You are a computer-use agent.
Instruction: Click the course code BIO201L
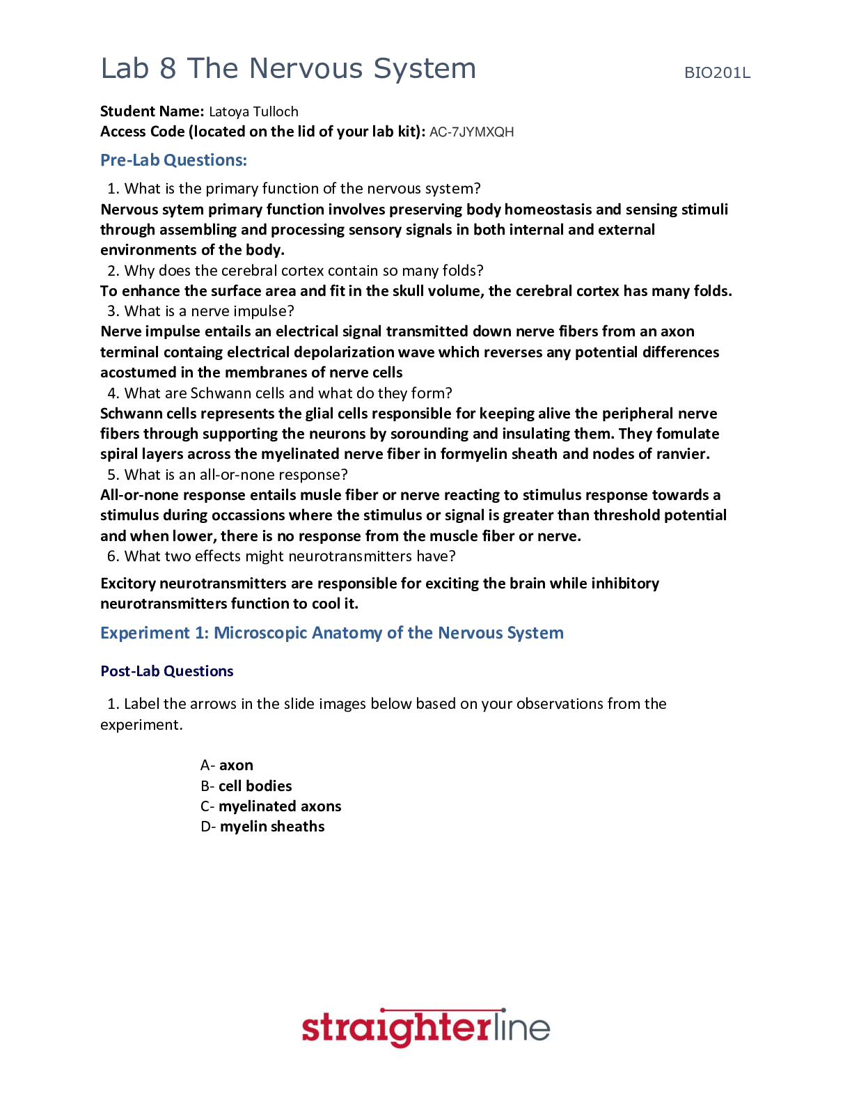click(x=717, y=73)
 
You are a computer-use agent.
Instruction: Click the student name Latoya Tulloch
click(x=253, y=111)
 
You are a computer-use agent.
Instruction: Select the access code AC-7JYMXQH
click(x=471, y=132)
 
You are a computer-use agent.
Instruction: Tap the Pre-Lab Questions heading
click(x=173, y=160)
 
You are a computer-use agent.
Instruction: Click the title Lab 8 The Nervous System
click(x=288, y=69)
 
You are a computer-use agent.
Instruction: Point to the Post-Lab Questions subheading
click(x=166, y=671)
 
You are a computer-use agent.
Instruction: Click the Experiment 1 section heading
click(x=331, y=633)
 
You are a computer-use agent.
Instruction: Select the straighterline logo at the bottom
click(x=425, y=1028)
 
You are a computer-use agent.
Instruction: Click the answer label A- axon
click(x=227, y=765)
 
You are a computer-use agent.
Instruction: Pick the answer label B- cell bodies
click(x=246, y=786)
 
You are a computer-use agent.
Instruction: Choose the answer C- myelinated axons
click(x=271, y=806)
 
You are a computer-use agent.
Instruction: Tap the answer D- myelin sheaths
click(x=262, y=827)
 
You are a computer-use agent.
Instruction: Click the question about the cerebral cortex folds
click(x=303, y=271)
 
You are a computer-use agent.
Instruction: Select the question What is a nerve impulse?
click(x=209, y=311)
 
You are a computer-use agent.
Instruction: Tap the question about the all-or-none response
click(x=235, y=475)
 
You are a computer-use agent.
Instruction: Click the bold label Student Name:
click(x=152, y=111)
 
